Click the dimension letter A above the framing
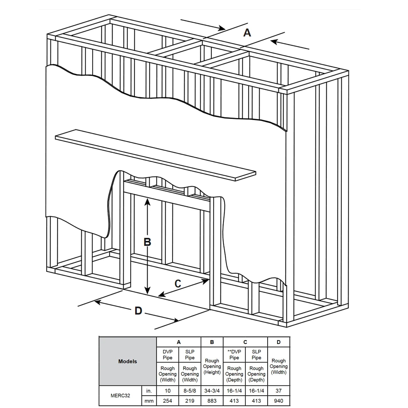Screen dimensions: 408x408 247,33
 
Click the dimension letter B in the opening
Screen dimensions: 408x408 147,242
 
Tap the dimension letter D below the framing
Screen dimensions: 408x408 138,310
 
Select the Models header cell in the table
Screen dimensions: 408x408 128,361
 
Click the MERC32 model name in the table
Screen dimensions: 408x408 120,396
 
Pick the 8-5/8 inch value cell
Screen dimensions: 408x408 190,391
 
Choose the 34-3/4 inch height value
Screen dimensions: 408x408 212,391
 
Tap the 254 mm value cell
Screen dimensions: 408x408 167,401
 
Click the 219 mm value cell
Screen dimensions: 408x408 190,401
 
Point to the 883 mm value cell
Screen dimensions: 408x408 212,401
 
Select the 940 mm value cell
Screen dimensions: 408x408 279,401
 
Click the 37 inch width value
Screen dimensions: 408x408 279,391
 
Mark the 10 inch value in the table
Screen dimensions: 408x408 167,391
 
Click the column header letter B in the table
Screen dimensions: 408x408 212,342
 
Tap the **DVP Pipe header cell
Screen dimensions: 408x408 234,354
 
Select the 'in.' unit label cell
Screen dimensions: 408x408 149,391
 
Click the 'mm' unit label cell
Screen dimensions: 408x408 149,401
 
